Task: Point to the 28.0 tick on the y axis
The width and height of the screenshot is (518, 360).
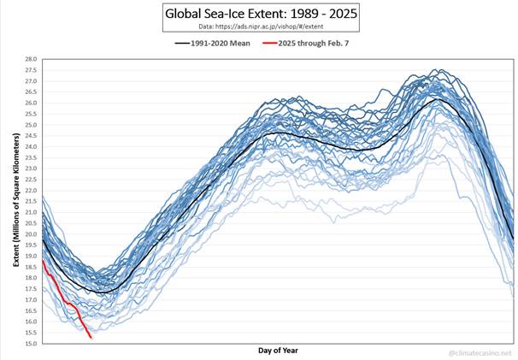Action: (x=29, y=59)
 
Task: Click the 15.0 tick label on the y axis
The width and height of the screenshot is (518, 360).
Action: (x=29, y=344)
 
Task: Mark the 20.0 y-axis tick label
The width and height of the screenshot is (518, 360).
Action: (x=29, y=234)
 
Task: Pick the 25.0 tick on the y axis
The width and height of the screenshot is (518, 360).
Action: (x=29, y=125)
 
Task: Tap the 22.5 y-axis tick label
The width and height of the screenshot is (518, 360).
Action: (x=29, y=180)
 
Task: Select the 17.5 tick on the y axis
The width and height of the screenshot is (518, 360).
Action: (x=29, y=289)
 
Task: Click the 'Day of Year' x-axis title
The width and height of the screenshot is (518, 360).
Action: (x=278, y=351)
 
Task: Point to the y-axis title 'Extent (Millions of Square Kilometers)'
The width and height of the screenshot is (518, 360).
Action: (x=15, y=200)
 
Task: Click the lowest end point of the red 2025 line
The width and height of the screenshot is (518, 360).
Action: (x=91, y=337)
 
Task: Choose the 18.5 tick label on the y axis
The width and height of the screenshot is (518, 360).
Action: (x=29, y=267)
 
